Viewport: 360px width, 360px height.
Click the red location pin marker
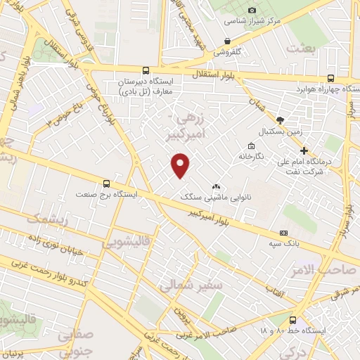pos(181,165)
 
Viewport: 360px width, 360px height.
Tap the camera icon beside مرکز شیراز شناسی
pos(252,10)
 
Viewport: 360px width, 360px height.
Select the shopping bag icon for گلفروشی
pos(226,41)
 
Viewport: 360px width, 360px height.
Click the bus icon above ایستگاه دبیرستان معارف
pos(146,70)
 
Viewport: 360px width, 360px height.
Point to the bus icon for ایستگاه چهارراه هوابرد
pos(330,79)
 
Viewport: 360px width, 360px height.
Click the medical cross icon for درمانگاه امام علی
pos(304,150)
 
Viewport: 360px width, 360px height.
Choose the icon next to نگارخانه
pos(243,155)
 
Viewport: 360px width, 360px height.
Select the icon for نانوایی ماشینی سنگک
pos(216,187)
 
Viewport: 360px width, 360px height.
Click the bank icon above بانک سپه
pos(283,233)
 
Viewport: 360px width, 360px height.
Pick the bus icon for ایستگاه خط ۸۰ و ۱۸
pos(292,320)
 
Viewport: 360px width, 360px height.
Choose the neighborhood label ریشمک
pos(48,220)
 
